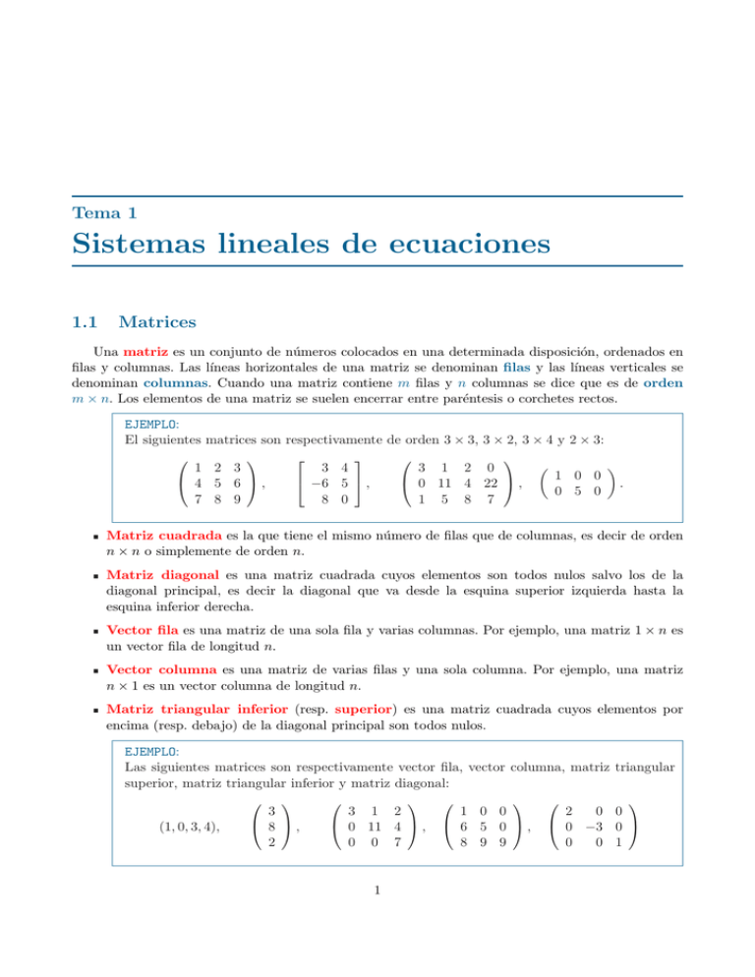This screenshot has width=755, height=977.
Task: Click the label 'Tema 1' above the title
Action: [104, 212]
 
